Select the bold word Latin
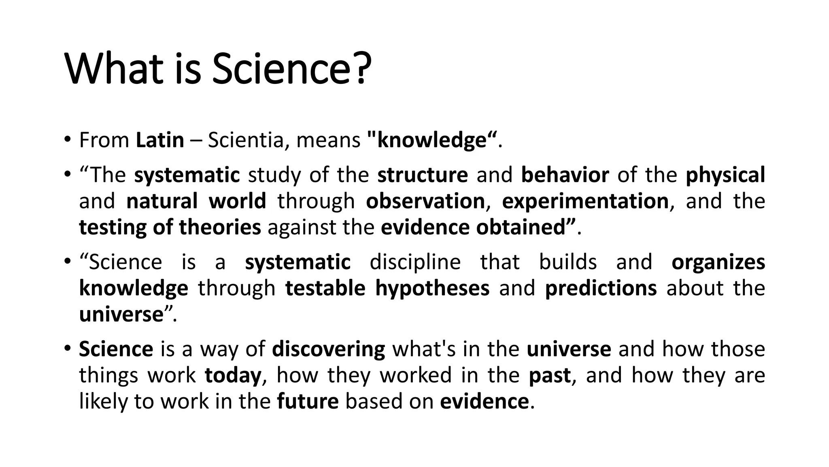point(160,140)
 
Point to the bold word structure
point(423,175)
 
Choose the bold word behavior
point(565,175)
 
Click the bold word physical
point(725,175)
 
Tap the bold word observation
point(425,201)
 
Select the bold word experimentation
point(585,201)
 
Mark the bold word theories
point(220,227)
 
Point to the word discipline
point(415,262)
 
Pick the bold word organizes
point(718,262)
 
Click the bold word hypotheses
point(432,288)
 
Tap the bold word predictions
point(601,288)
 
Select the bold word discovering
point(328,349)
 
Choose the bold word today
point(233,375)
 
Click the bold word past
point(550,375)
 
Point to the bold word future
point(308,401)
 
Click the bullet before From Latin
point(67,140)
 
